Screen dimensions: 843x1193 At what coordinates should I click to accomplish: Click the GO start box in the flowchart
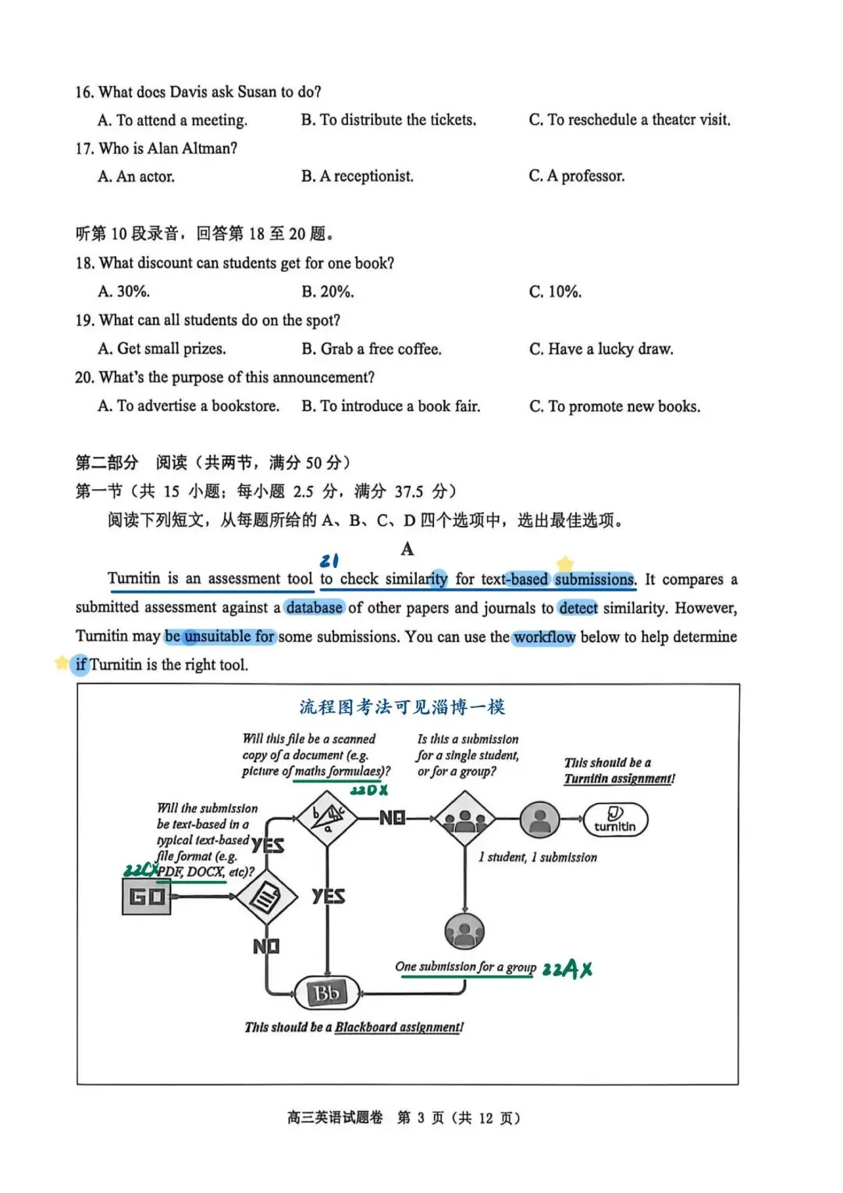(147, 897)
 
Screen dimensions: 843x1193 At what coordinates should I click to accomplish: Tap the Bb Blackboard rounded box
(327, 993)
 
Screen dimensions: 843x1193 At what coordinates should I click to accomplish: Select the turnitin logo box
(615, 820)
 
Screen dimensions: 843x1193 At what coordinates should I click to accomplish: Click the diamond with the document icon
(266, 897)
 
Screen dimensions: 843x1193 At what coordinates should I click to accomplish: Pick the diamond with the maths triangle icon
(328, 818)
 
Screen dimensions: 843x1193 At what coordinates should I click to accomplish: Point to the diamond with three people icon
(464, 819)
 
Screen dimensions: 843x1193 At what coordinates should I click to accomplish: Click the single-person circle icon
(540, 819)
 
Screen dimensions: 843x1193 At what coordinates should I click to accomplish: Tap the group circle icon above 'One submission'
(464, 931)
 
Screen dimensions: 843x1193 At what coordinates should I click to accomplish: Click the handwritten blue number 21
(329, 560)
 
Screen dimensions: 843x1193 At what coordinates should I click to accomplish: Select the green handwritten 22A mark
(567, 970)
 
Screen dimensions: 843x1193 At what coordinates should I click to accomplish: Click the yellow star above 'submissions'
(564, 563)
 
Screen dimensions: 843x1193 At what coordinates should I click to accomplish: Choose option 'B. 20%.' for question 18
(328, 292)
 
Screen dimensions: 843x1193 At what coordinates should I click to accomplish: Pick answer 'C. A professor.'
(577, 176)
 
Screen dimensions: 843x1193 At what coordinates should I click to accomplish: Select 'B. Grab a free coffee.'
(372, 349)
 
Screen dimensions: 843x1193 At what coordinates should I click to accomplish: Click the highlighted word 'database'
(314, 608)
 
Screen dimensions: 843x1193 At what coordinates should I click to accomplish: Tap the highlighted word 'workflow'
(544, 637)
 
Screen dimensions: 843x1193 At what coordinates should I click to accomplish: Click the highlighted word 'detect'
(578, 608)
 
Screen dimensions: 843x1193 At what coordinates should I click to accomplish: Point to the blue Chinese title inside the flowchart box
(403, 707)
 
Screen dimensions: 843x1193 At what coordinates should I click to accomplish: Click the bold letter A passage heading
(407, 549)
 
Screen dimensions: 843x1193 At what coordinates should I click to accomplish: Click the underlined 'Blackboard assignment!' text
(399, 1028)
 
